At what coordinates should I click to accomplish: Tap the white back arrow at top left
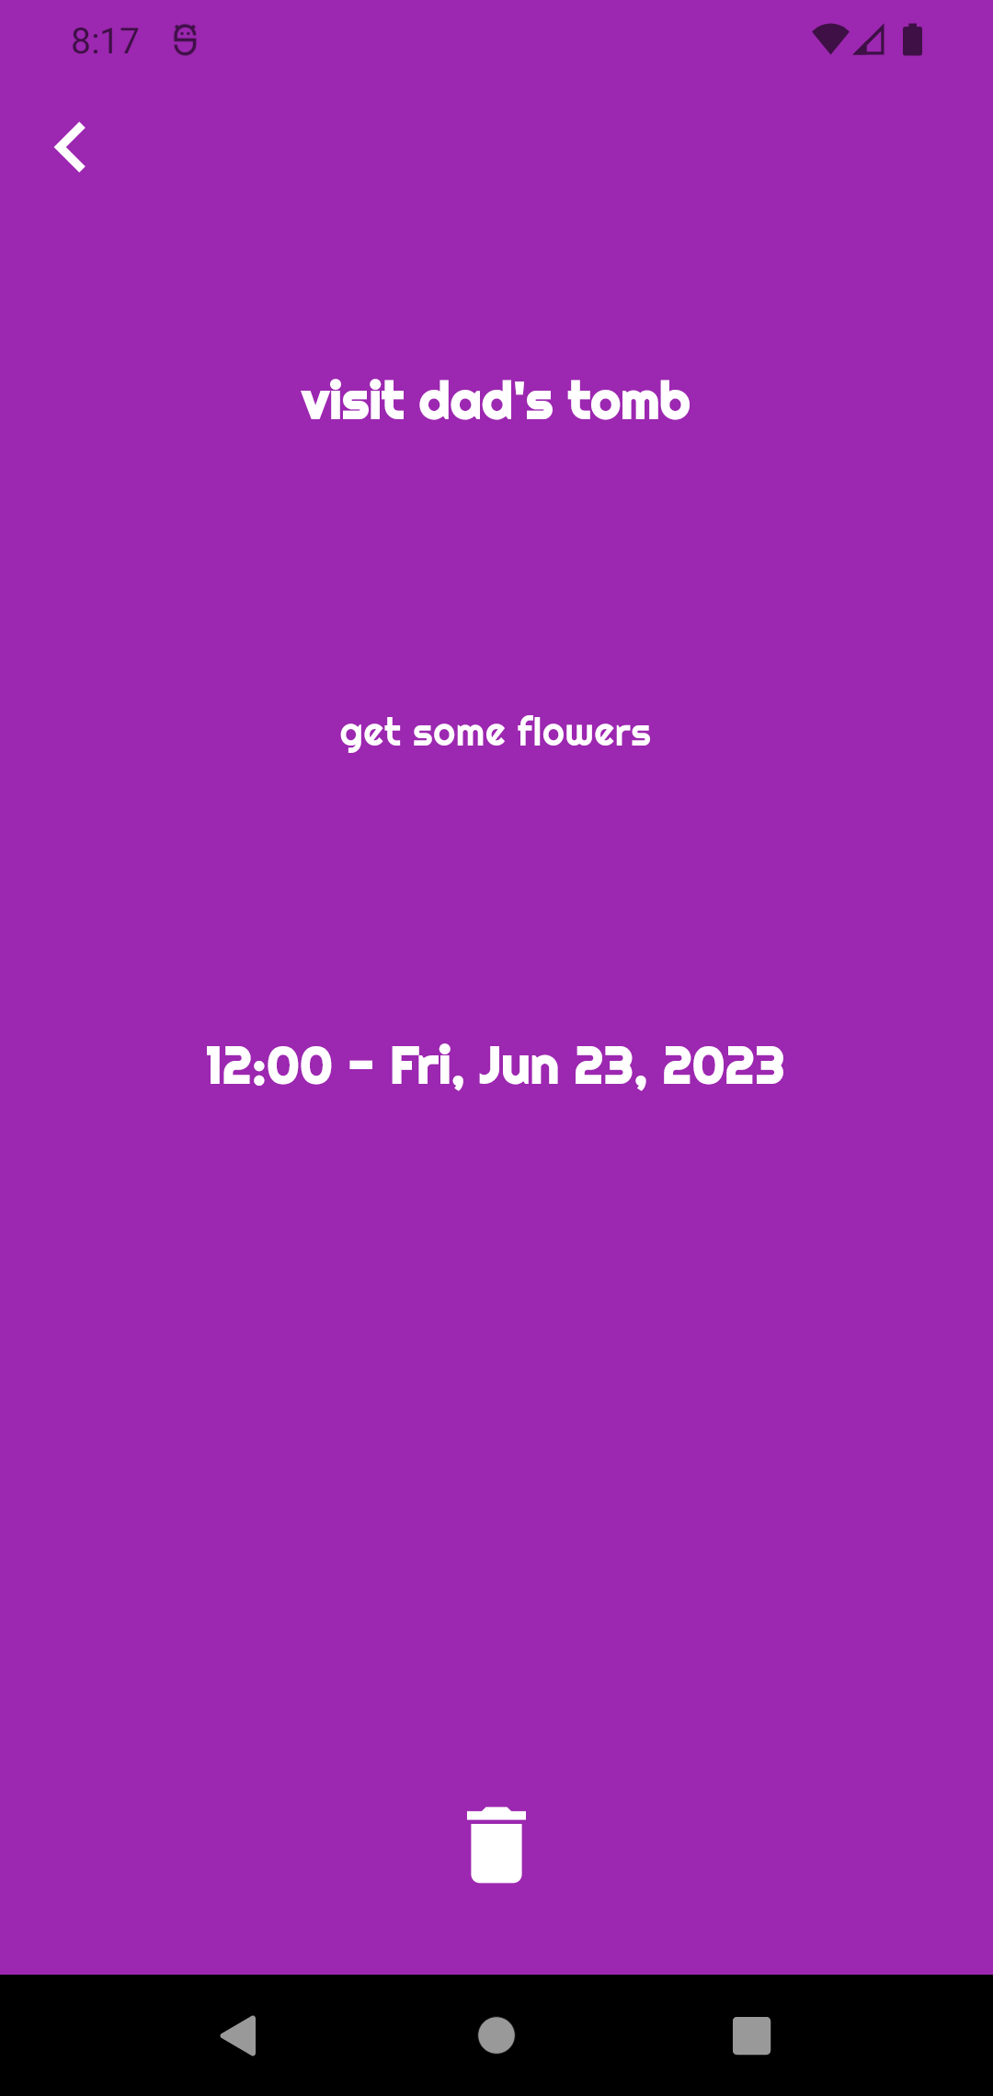[70, 147]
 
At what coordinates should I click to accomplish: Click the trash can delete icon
[496, 1845]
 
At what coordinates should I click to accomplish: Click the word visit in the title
[353, 401]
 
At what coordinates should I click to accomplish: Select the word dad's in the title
[486, 401]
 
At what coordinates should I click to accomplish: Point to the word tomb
[629, 401]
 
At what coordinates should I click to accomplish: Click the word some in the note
[459, 735]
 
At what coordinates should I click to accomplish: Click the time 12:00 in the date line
[268, 1066]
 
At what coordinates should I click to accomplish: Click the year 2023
[724, 1066]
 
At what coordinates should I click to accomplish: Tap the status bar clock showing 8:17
[105, 41]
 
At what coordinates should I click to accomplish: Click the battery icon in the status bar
[912, 40]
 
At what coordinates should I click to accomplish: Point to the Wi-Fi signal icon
[830, 40]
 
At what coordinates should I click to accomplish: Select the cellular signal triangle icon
[869, 40]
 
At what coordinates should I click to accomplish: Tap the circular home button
[496, 2035]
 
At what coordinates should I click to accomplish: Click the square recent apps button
[751, 2035]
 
